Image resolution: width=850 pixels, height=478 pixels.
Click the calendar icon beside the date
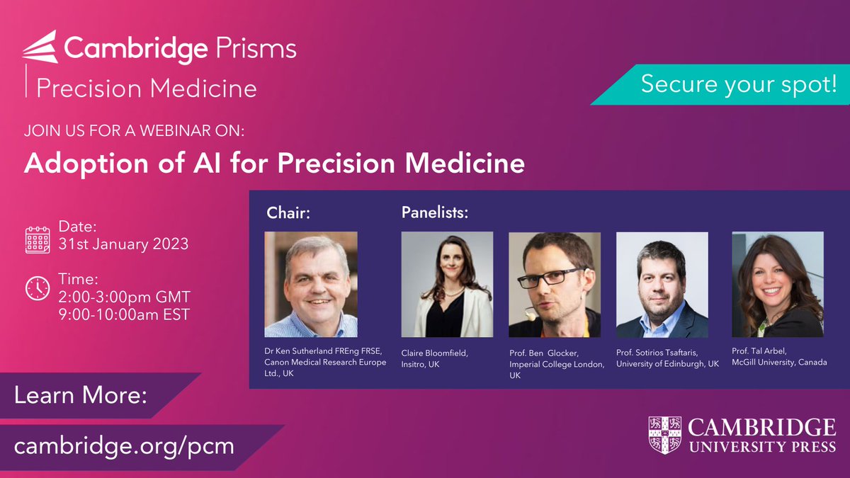click(38, 240)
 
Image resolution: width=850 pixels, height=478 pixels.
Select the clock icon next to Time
click(38, 288)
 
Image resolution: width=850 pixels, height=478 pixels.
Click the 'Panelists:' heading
click(436, 212)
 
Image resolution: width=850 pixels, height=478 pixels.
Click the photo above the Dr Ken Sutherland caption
click(311, 285)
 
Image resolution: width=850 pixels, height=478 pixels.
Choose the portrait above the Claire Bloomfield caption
click(447, 285)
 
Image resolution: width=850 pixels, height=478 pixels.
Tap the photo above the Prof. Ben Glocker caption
click(555, 285)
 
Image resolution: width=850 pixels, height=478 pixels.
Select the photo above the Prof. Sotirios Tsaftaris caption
click(662, 285)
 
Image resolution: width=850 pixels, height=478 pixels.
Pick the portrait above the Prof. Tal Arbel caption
click(778, 285)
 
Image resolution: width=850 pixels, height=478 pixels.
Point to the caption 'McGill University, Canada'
click(779, 362)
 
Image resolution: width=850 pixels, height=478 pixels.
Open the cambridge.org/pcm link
click(124, 446)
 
